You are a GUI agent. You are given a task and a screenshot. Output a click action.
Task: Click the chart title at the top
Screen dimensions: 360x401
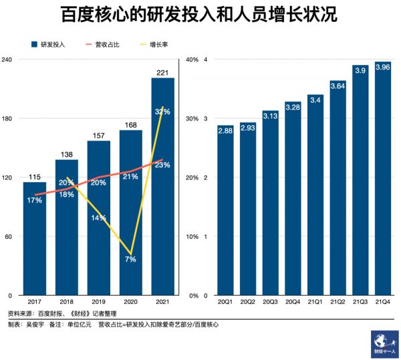tap(200, 14)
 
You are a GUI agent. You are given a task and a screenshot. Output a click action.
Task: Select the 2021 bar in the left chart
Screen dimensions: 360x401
tap(163, 187)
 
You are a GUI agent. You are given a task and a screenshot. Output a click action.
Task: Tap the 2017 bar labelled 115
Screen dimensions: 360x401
tap(35, 241)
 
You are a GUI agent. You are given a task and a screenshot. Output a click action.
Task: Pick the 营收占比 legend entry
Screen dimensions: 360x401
tap(108, 45)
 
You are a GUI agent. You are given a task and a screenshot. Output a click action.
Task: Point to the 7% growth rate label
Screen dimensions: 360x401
tap(131, 260)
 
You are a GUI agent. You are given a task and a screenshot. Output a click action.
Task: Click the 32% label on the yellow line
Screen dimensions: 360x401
tap(162, 110)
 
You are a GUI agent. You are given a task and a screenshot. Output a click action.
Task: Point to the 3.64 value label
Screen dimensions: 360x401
tap(338, 85)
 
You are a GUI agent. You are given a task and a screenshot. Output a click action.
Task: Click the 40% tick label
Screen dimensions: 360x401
tap(192, 60)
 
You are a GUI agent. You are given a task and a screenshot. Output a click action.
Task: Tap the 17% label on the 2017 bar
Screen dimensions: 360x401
tap(35, 199)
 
